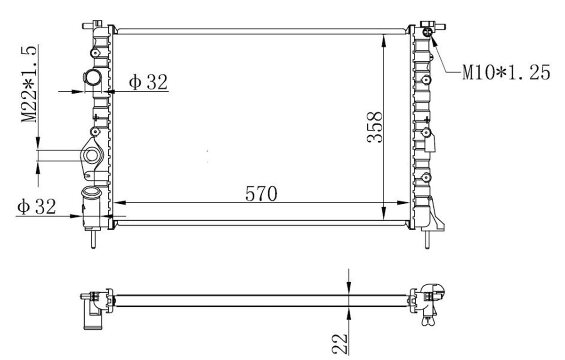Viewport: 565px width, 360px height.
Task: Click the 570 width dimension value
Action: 261,194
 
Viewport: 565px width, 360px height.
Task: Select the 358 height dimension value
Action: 375,128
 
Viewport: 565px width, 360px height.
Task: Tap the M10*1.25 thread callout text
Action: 506,72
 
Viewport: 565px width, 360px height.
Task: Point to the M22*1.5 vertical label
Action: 29,85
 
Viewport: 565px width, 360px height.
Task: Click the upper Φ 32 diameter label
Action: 148,82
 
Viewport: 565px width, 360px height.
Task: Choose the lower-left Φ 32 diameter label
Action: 36,207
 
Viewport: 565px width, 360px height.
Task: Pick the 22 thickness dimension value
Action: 340,344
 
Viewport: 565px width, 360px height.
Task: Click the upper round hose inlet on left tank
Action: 92,77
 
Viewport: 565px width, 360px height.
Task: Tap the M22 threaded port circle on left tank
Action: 91,155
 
